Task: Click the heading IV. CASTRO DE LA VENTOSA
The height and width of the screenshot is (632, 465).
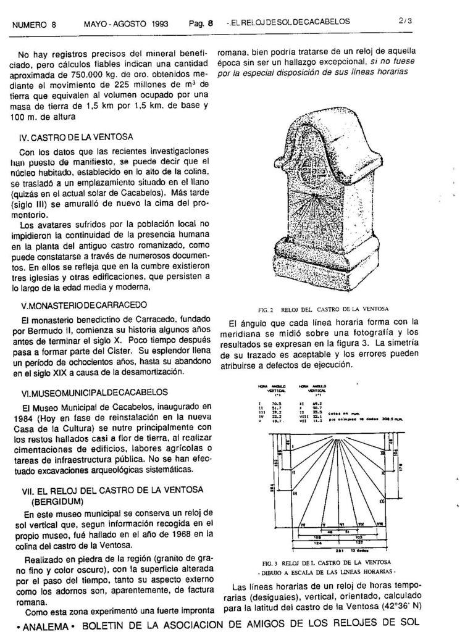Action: (x=77, y=136)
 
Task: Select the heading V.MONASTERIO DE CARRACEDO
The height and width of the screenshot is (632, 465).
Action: (x=84, y=305)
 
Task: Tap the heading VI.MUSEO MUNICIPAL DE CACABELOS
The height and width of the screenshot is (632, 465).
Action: (x=94, y=393)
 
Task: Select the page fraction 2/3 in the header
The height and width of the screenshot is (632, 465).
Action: (x=406, y=22)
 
